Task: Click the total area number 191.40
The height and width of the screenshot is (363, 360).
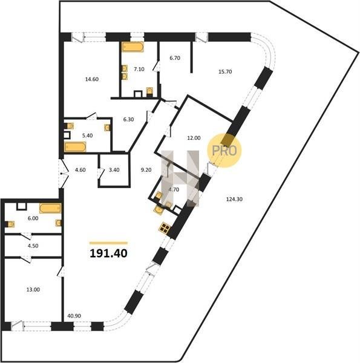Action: (x=108, y=253)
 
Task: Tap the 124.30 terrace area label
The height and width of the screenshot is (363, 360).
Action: (x=234, y=199)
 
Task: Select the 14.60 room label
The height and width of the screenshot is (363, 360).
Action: (x=92, y=79)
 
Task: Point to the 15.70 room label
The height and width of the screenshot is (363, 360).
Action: (x=225, y=72)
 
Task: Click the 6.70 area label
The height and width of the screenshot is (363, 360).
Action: (x=175, y=58)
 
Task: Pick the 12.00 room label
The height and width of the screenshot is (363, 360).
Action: (x=194, y=138)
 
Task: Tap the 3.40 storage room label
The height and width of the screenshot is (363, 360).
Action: (x=114, y=170)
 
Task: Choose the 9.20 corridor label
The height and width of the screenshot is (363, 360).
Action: (x=146, y=170)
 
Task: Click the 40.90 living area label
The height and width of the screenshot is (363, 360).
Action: (x=74, y=316)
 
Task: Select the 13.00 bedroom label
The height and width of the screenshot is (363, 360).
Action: (x=33, y=290)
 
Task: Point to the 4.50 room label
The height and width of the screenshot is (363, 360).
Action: (x=33, y=246)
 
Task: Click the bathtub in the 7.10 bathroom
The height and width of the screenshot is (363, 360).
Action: (x=133, y=47)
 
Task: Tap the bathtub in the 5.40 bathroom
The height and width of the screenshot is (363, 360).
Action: (x=75, y=147)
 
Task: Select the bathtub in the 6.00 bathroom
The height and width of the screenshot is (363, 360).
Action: (x=50, y=208)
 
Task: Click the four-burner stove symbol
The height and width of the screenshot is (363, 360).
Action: (x=165, y=227)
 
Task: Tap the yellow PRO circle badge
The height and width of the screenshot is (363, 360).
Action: (x=224, y=151)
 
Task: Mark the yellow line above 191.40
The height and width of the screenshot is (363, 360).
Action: (x=108, y=243)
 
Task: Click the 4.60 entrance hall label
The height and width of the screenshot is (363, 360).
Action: (x=80, y=170)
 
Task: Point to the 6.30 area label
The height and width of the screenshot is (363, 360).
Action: (x=128, y=119)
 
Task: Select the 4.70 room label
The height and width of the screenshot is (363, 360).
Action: (x=174, y=189)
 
